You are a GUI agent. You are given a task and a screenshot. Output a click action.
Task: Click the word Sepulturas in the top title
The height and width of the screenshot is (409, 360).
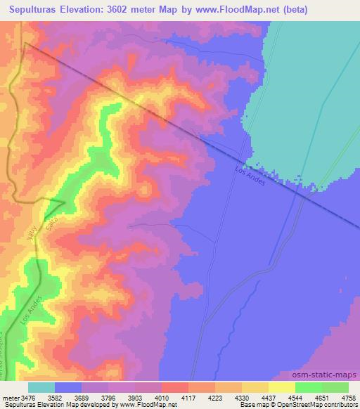click(x=39, y=11)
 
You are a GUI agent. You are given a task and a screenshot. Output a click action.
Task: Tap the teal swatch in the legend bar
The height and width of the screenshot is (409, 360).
click(x=41, y=387)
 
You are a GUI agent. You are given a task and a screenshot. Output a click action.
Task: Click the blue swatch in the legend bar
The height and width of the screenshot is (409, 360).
click(x=68, y=387)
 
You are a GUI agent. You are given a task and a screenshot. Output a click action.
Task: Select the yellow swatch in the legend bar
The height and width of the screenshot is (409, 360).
click(x=281, y=387)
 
